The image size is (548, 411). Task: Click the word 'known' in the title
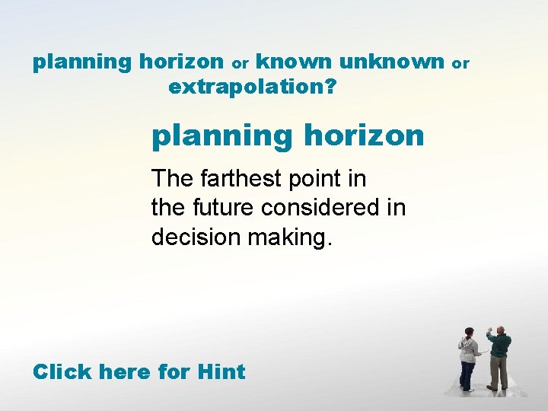[x=295, y=61]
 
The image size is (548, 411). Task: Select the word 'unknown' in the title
[x=392, y=61]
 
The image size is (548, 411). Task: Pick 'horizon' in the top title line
[x=182, y=61]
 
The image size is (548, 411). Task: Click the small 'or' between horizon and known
[x=241, y=63]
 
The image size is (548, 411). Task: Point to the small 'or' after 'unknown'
[x=462, y=63]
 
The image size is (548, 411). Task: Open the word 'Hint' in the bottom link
[x=221, y=372]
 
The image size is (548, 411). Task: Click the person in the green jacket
[x=499, y=358]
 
